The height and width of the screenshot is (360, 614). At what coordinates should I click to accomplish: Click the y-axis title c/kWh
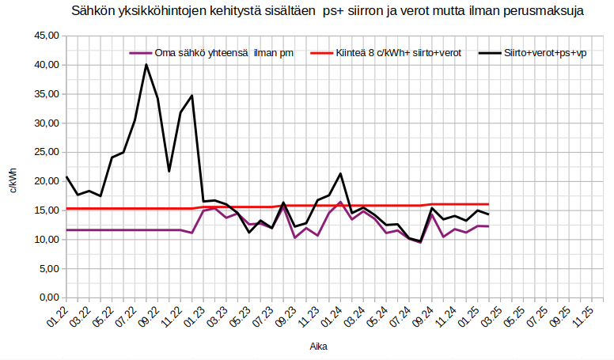[x=12, y=180]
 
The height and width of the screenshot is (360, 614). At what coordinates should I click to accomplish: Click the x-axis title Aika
[x=319, y=347]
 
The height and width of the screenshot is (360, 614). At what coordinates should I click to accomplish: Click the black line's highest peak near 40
[x=146, y=65]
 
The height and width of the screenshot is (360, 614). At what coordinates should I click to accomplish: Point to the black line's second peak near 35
[x=191, y=96]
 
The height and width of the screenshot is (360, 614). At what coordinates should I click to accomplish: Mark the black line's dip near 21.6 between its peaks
[x=169, y=171]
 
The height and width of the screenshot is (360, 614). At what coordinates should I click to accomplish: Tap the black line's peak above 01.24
[x=340, y=173]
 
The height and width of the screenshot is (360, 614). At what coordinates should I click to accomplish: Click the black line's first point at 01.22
[x=66, y=176]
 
